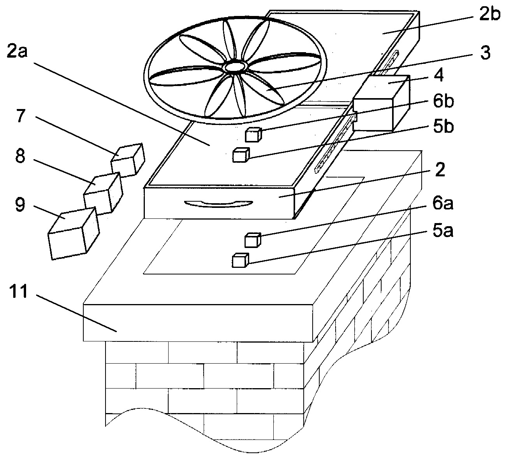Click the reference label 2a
click(16, 51)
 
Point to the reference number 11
click(18, 292)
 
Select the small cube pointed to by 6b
click(253, 135)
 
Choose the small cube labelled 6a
click(252, 239)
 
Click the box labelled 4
click(380, 104)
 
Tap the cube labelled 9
click(72, 234)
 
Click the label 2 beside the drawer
click(440, 171)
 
